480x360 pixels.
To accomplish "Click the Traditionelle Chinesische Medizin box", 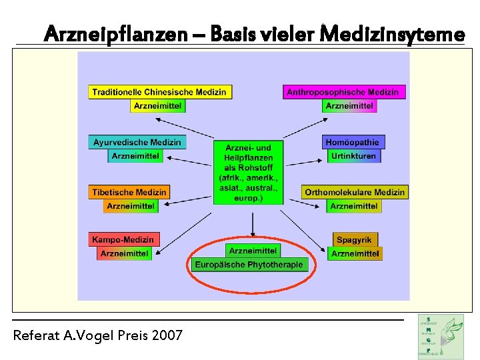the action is (x=159, y=92).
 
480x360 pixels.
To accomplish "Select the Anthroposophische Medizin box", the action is (x=343, y=92).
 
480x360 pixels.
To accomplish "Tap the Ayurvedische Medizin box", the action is (x=137, y=142).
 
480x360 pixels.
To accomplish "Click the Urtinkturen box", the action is (x=353, y=156).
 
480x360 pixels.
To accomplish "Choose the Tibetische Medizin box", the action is (x=129, y=192).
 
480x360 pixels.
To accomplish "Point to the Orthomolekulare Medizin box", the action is (x=355, y=192).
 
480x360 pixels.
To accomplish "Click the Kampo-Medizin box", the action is (x=123, y=239).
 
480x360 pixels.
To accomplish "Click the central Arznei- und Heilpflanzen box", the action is (x=249, y=172).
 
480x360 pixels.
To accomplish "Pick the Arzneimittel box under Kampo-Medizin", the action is (x=124, y=253).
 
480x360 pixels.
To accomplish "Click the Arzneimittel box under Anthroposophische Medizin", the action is (x=349, y=106).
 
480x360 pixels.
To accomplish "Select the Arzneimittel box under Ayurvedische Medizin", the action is (x=136, y=156).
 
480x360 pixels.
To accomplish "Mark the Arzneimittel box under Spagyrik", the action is (x=355, y=253).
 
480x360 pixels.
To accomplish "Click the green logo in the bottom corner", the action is (x=441, y=337).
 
